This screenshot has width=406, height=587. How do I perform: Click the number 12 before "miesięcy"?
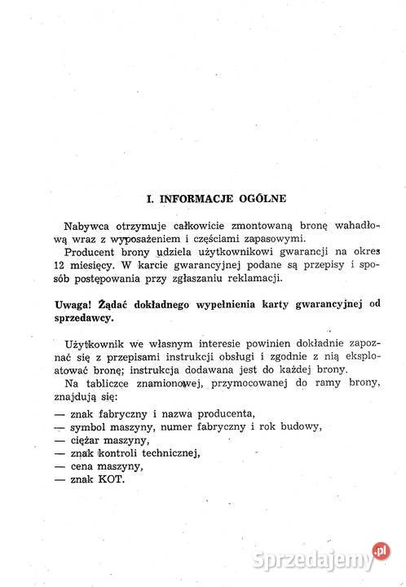tap(55, 266)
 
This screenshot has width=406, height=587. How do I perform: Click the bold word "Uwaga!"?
tap(68, 306)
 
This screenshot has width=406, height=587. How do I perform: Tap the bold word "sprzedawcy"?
tap(81, 320)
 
